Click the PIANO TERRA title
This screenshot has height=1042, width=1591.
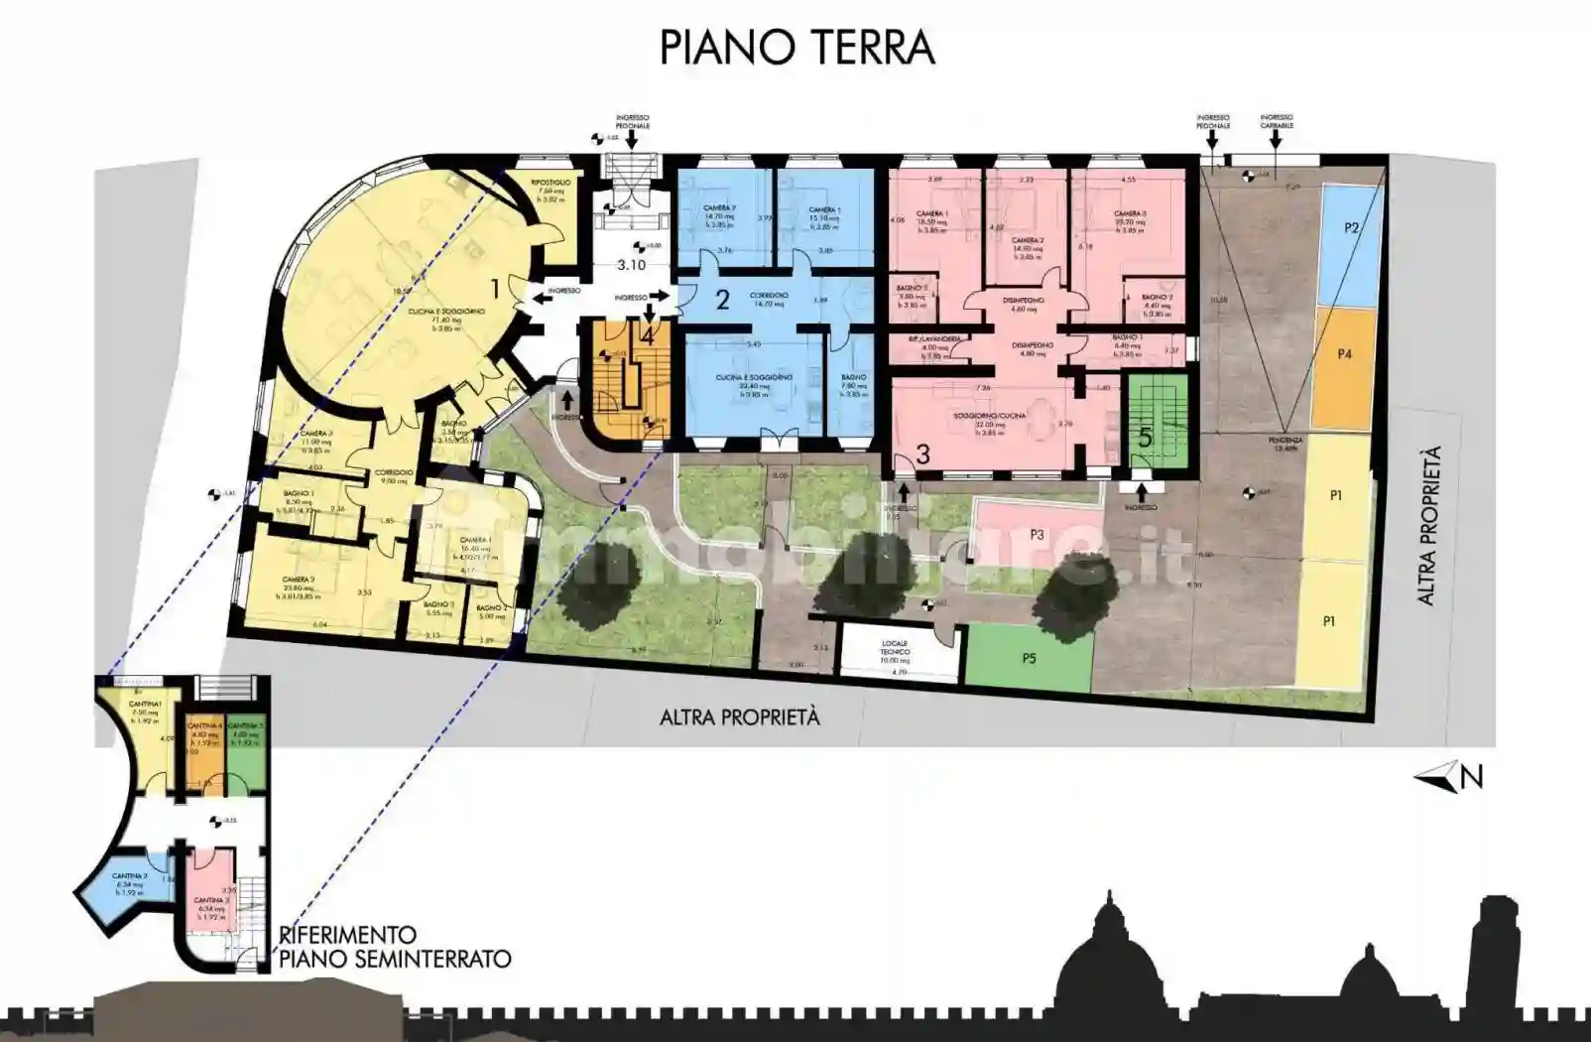click(x=796, y=47)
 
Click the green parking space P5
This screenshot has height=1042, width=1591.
click(x=1029, y=656)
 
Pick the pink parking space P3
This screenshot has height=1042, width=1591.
click(x=1037, y=534)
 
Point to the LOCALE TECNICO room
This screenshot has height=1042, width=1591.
click(x=894, y=651)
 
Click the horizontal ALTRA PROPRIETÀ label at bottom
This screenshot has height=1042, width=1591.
click(x=740, y=717)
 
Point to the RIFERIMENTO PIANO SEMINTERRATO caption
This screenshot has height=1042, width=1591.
click(x=395, y=948)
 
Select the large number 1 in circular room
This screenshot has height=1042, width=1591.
click(x=494, y=289)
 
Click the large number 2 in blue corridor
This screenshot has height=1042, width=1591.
click(x=722, y=299)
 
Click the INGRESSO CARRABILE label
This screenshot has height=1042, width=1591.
click(x=1276, y=123)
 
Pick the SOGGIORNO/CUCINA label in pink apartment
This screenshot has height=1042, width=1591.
click(x=998, y=417)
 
